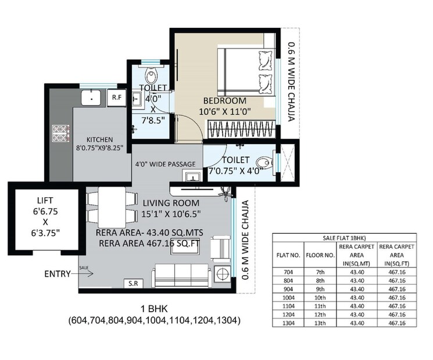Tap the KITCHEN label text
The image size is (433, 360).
[99, 140]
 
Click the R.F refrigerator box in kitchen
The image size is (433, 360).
[116, 97]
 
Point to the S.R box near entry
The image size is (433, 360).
[132, 283]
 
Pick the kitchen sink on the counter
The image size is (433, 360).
[91, 97]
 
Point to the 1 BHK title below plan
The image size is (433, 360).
[153, 309]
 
